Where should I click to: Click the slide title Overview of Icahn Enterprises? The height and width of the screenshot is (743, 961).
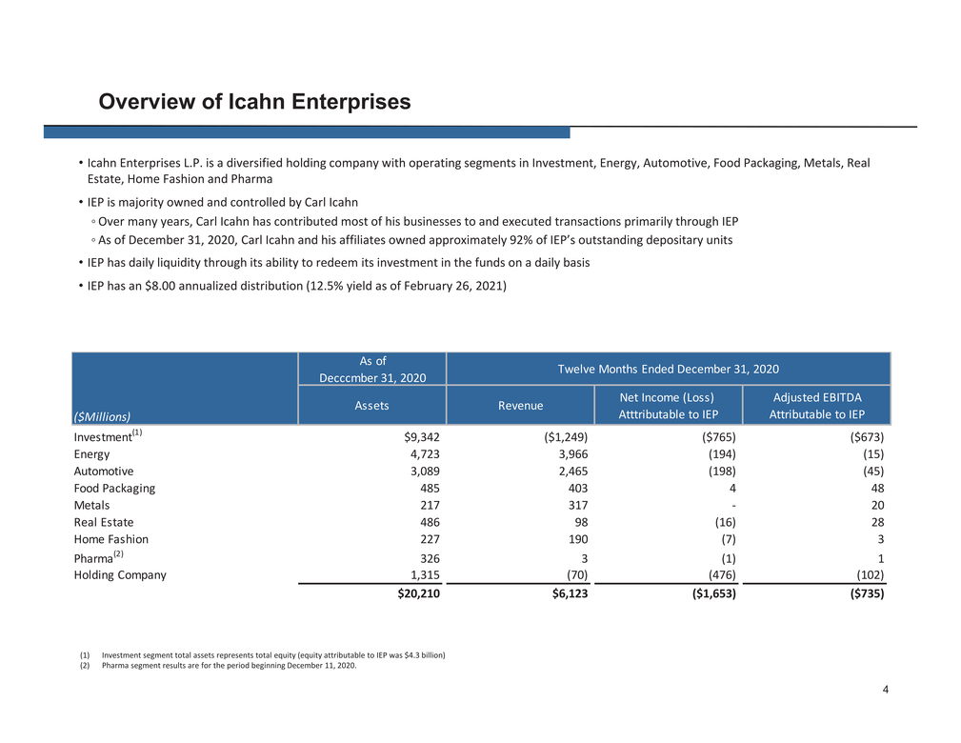[254, 102]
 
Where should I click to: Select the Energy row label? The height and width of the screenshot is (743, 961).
[91, 454]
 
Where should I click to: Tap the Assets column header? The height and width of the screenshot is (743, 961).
[371, 405]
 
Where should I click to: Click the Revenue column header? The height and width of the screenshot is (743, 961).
[520, 405]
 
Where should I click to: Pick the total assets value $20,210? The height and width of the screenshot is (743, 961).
[419, 593]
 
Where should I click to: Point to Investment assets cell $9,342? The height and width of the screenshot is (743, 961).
[422, 437]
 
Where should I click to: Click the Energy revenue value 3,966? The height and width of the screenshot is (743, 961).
[573, 454]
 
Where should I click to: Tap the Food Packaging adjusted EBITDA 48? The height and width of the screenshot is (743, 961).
[877, 489]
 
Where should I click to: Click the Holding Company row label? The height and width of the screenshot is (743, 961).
[120, 575]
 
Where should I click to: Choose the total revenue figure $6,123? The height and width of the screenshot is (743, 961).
[570, 593]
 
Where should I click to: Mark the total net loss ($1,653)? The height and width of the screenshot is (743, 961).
[714, 593]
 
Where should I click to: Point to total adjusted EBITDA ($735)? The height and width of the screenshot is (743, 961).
[867, 593]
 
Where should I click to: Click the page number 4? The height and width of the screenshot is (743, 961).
[886, 690]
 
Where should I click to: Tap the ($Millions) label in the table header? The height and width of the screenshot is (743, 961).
[102, 417]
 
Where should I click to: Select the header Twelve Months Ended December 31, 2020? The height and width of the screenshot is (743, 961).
[668, 369]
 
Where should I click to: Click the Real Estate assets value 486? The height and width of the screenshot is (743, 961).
[430, 522]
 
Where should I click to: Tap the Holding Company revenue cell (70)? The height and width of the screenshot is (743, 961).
[577, 575]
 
